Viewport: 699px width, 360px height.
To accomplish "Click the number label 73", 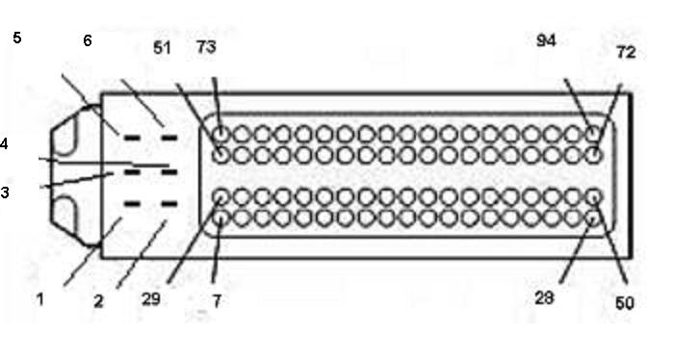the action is coord(206,46).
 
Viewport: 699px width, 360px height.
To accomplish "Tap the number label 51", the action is coord(162,48).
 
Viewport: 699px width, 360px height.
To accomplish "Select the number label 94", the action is coord(546,41).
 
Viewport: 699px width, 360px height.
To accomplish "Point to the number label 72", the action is coord(626,53).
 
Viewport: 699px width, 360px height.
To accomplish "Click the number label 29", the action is coord(150,299).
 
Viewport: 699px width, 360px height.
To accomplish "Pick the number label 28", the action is coord(544,297).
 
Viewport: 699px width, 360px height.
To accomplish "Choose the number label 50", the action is coord(624,303).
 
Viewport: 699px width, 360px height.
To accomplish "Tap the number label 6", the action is coord(88,40).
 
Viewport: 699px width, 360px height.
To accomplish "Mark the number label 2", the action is coord(98,301).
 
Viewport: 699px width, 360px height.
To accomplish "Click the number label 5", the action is coord(17,38).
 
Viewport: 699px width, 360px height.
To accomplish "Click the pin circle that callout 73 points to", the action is coord(220,134).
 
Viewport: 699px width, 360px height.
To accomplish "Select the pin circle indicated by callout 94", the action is coord(593,134).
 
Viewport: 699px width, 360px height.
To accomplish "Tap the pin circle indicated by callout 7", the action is coord(220,219).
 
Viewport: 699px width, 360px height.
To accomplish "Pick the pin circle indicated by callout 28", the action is coord(593,219).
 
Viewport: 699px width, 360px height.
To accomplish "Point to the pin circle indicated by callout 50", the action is coord(593,196).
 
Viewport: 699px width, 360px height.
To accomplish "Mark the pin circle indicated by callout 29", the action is coord(220,196).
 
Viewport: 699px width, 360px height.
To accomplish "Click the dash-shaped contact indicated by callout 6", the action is coord(168,138).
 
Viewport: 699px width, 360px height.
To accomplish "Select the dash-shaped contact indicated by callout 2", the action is coord(168,204).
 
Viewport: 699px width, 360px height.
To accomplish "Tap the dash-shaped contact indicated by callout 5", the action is coord(132,138).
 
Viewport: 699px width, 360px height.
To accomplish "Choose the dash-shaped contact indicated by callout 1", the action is coord(132,204).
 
